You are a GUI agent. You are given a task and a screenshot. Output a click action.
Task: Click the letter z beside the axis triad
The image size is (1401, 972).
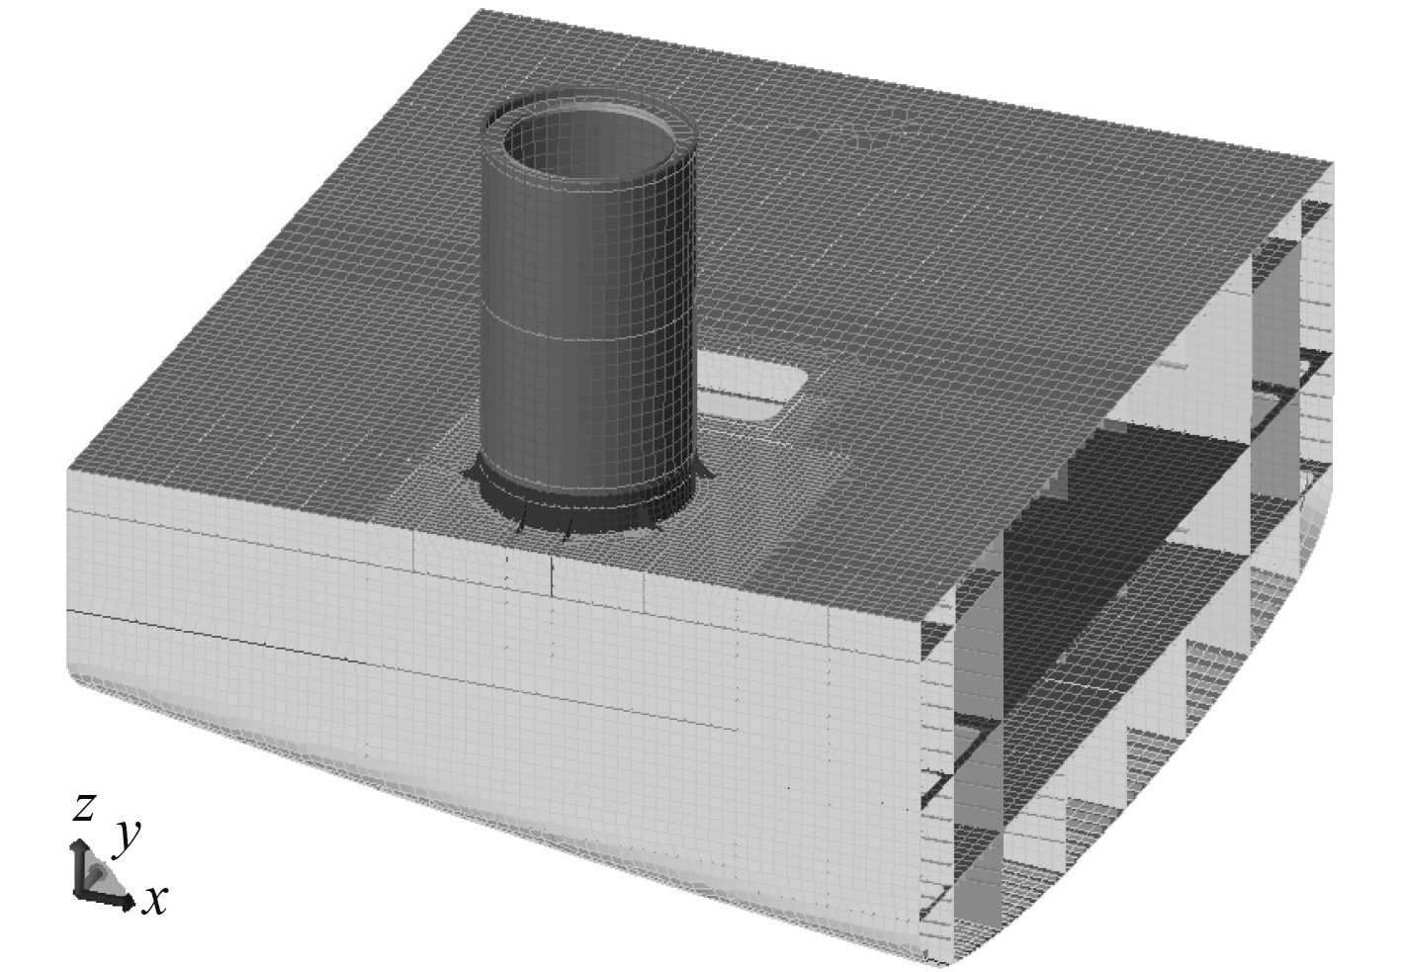point(84,807)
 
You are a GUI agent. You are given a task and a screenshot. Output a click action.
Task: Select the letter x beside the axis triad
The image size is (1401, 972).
point(154,901)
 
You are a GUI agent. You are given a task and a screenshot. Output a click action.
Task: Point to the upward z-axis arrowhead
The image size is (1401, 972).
point(79,845)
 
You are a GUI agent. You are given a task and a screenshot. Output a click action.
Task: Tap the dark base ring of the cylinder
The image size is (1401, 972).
point(589,511)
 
